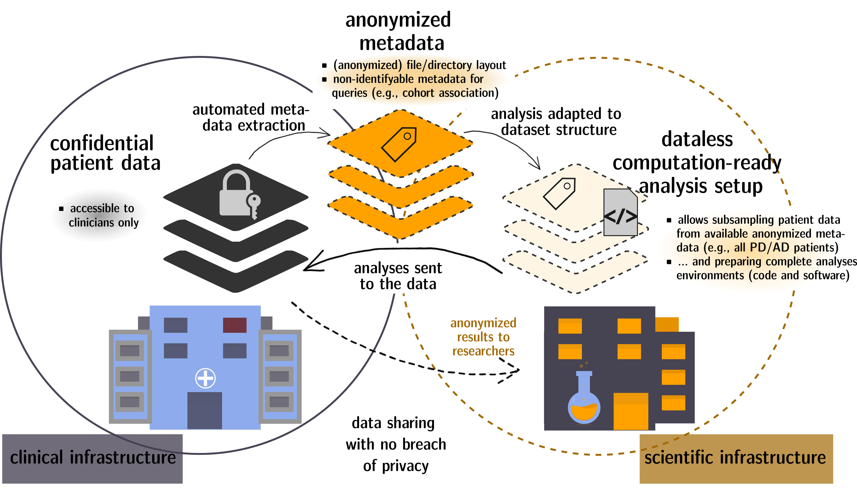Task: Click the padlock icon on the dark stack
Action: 235,194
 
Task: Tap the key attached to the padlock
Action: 254,206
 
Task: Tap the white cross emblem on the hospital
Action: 205,378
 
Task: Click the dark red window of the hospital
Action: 235,325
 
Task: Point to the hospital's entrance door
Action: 205,410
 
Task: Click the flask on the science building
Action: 584,401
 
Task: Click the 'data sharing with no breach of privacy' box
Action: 396,444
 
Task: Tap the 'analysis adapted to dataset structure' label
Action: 555,122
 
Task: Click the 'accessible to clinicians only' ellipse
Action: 99,215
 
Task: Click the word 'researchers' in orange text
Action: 483,351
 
